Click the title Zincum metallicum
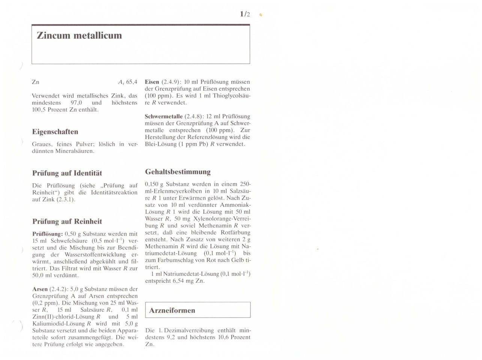[79, 36]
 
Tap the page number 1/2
[245, 15]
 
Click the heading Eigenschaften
[55, 132]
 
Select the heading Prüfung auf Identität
[67, 173]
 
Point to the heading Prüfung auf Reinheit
[67, 221]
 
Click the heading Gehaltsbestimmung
[178, 172]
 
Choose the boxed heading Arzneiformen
[172, 310]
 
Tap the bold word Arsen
[40, 289]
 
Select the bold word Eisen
[152, 82]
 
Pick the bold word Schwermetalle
[164, 116]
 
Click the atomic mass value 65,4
[132, 82]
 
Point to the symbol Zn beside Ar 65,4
[36, 82]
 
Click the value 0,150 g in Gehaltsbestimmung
[154, 184]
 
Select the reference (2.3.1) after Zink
[66, 199]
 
